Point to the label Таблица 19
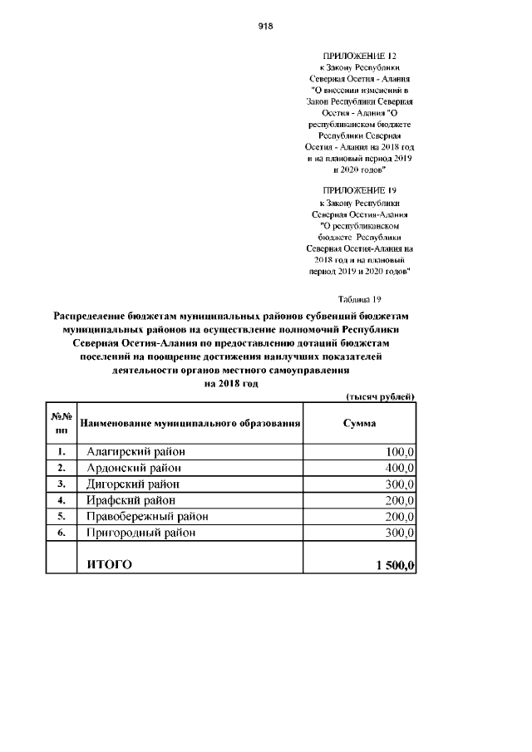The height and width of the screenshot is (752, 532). click(x=359, y=298)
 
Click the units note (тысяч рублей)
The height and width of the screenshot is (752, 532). click(x=380, y=396)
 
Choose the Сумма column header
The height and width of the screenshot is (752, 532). click(x=359, y=424)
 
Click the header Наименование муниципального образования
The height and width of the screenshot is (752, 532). click(x=190, y=424)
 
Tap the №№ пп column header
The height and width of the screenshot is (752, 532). click(x=62, y=424)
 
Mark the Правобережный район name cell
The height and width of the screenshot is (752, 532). click(x=147, y=516)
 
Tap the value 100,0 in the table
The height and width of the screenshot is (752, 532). click(x=400, y=452)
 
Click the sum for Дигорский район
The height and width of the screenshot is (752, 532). click(x=400, y=484)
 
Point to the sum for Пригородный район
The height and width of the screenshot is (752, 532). click(x=400, y=533)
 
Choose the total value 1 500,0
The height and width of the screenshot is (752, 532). click(x=395, y=565)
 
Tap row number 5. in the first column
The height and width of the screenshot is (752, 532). click(x=62, y=516)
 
